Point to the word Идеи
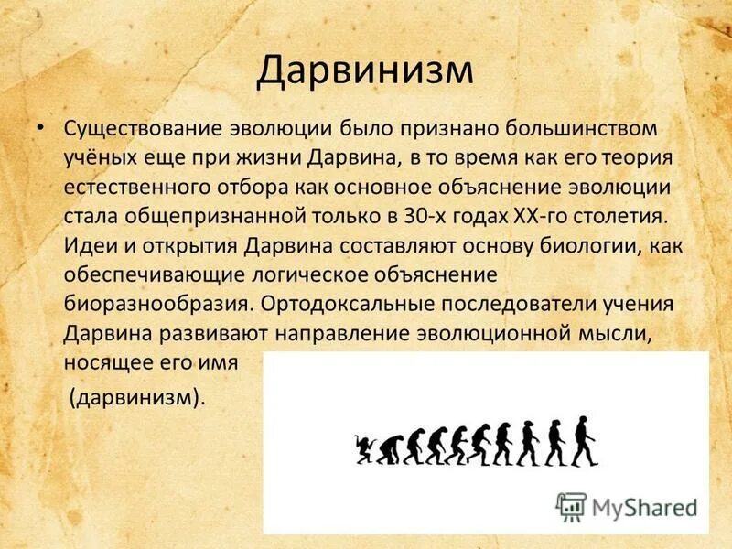coord(89,247)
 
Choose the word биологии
coord(602,247)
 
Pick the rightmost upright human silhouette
coord(586,439)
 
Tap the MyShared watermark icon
coord(570,505)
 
